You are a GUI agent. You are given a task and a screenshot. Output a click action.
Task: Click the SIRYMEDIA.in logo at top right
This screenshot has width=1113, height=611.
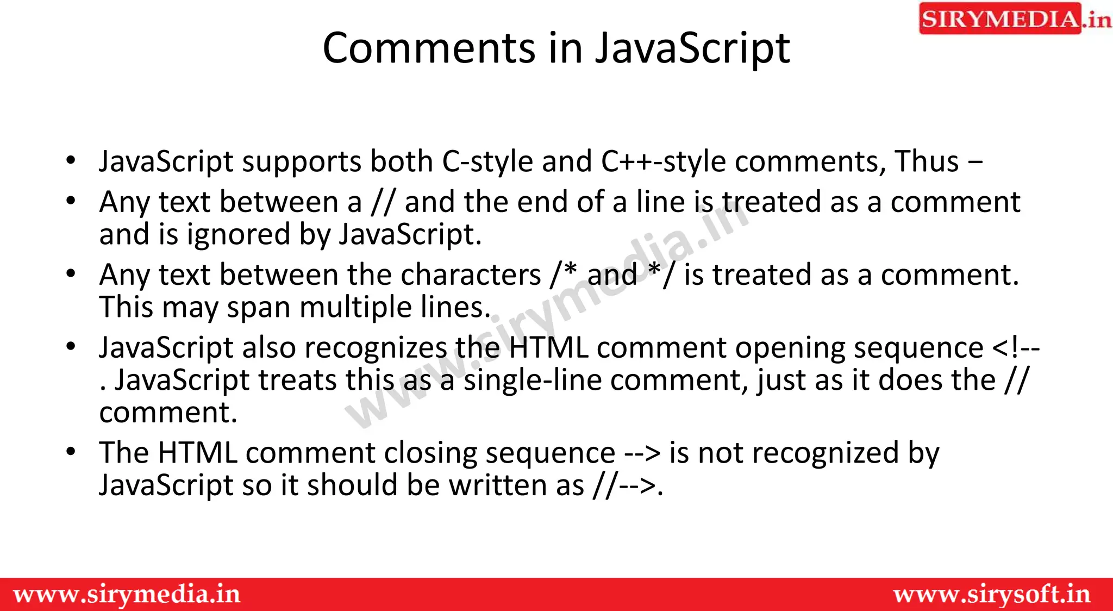click(x=1014, y=19)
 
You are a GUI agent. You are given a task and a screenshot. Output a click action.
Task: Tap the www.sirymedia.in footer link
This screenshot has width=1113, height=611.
click(x=127, y=594)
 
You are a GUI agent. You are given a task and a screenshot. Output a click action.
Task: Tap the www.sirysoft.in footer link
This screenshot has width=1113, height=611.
click(x=992, y=594)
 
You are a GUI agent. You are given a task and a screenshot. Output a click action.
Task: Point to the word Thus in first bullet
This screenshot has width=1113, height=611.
click(x=927, y=162)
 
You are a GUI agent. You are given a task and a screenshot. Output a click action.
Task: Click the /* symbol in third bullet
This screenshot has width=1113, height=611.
click(x=563, y=274)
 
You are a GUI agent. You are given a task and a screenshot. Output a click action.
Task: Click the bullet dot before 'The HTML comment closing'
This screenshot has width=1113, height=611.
click(x=71, y=452)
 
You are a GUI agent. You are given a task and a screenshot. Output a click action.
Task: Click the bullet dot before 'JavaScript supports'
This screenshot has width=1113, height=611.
click(x=71, y=161)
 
